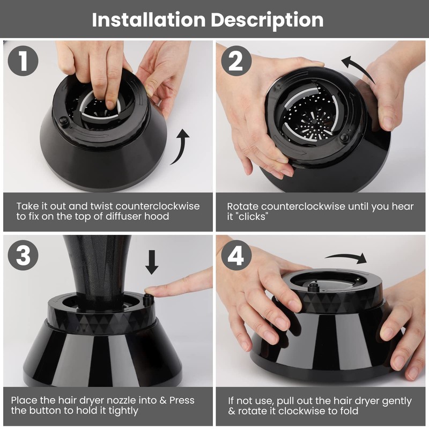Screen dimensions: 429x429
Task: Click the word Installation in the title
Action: click(149, 20)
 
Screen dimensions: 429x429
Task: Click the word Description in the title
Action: click(267, 20)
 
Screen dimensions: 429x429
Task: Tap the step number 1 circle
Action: click(23, 61)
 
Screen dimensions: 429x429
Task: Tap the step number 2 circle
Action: click(236, 61)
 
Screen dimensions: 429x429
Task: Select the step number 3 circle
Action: click(23, 255)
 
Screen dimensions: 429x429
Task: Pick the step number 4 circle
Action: click(236, 255)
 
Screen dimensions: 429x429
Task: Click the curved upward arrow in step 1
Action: click(181, 147)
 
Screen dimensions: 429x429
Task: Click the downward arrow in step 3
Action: click(152, 262)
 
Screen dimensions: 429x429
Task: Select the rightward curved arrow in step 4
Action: click(346, 257)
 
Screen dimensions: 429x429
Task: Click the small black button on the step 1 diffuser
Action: click(64, 121)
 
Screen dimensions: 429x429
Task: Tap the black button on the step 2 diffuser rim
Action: click(344, 137)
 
